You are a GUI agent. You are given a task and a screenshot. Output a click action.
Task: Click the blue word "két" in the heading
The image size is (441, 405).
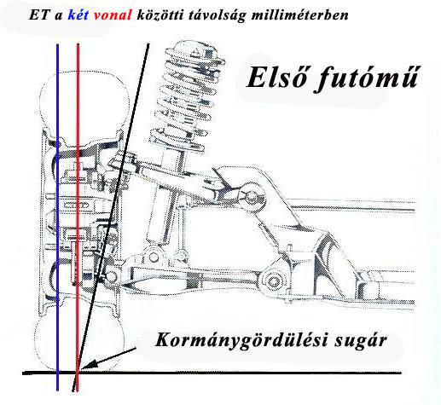point(78,15)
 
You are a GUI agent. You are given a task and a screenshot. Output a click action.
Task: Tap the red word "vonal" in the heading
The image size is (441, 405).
point(113,15)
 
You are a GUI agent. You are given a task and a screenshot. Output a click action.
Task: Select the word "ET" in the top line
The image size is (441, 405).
point(38,15)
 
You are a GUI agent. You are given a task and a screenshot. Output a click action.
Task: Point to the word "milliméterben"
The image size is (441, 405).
point(300,15)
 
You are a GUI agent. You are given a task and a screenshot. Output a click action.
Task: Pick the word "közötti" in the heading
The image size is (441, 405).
point(160,15)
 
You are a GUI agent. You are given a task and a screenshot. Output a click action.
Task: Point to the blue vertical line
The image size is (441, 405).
point(58,217)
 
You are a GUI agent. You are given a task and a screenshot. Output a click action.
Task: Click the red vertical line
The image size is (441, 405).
point(78,217)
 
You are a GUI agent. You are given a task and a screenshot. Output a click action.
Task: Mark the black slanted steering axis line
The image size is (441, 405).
point(111,217)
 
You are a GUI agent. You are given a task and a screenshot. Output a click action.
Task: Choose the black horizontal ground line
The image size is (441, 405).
point(212,373)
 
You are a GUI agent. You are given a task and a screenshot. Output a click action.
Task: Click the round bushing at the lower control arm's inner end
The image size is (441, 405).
point(273,281)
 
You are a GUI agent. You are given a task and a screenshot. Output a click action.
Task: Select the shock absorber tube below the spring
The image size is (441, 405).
point(158,215)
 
